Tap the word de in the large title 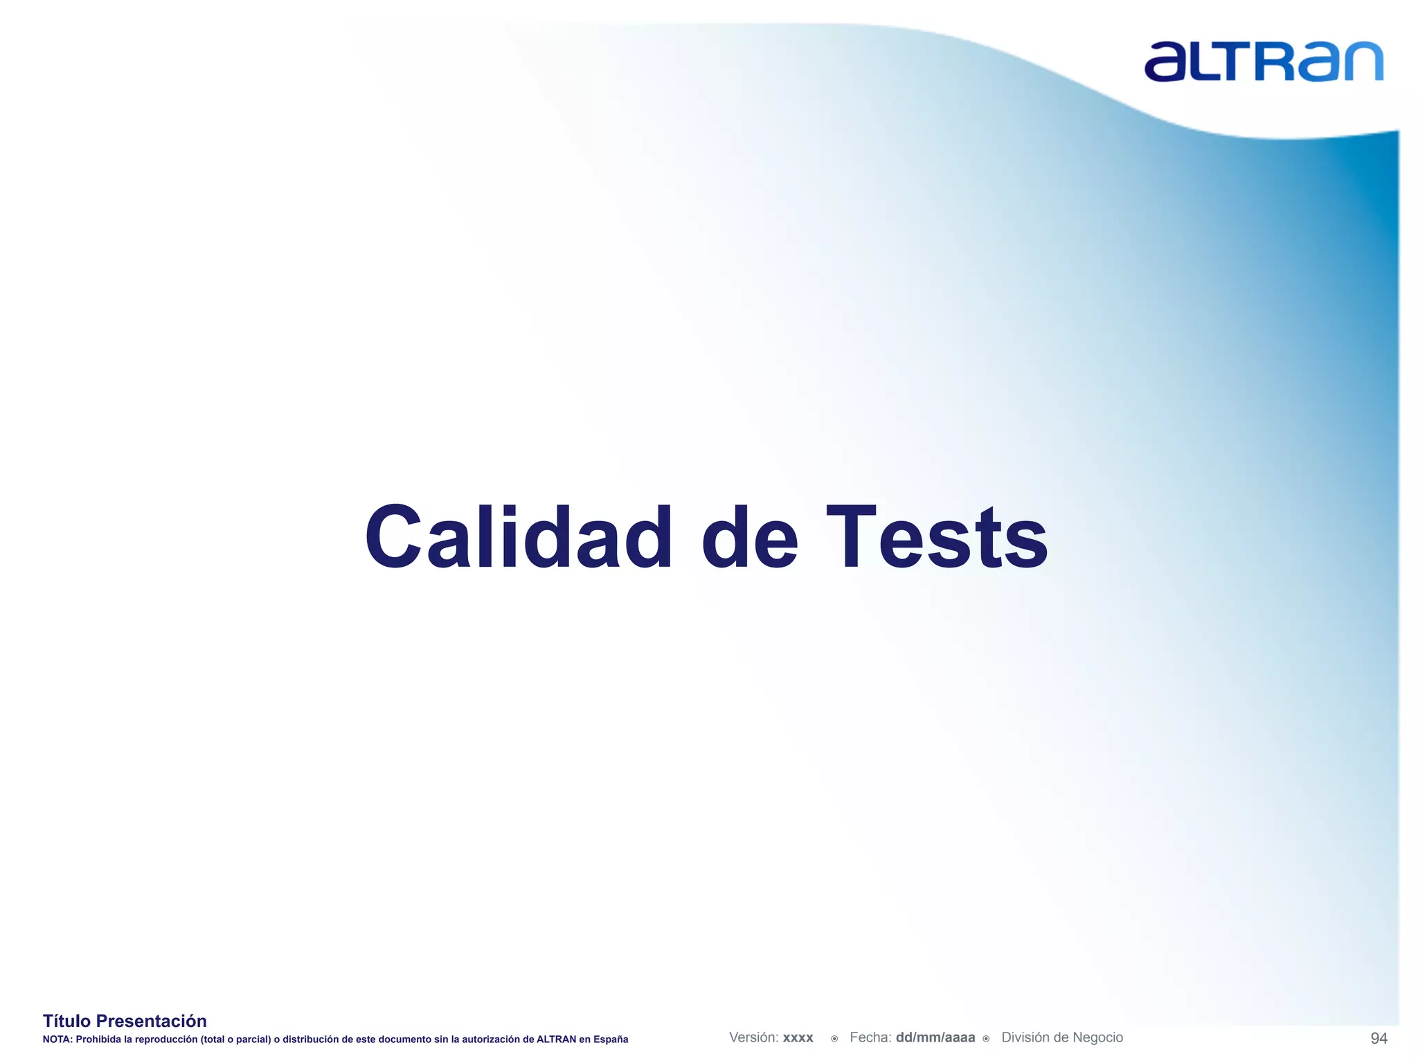(x=750, y=538)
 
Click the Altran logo (x=1264, y=62)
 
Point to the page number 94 (x=1379, y=1038)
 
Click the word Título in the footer (x=66, y=1021)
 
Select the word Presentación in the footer (x=151, y=1021)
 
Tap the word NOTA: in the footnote (x=57, y=1039)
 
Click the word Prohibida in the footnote (x=98, y=1039)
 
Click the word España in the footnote (x=611, y=1039)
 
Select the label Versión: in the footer (x=753, y=1037)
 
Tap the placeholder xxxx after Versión (x=798, y=1038)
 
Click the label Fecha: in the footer (x=870, y=1037)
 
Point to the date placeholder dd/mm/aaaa (x=935, y=1037)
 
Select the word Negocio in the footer (x=1095, y=1037)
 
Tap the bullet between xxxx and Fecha (x=834, y=1039)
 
